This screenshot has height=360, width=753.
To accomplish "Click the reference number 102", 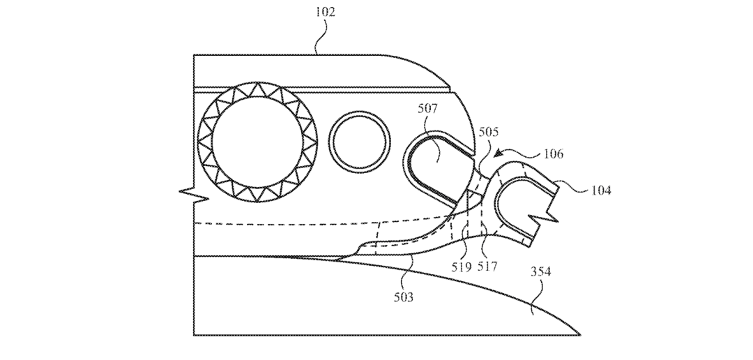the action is pyautogui.click(x=325, y=12).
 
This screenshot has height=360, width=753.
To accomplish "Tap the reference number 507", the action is pyautogui.click(x=427, y=109).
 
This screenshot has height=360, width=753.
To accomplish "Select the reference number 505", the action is pyautogui.click(x=488, y=132).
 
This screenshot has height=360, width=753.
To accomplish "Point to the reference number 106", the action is pyautogui.click(x=553, y=153).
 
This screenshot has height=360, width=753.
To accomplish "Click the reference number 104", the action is pyautogui.click(x=601, y=190).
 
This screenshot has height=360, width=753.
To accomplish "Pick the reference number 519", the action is pyautogui.click(x=462, y=267).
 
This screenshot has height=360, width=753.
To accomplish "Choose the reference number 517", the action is pyautogui.click(x=487, y=267).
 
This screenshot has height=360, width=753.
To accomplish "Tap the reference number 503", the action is pyautogui.click(x=404, y=297).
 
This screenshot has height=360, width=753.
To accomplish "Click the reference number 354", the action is pyautogui.click(x=541, y=272).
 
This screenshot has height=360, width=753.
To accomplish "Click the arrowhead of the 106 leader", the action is pyautogui.click(x=498, y=153).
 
